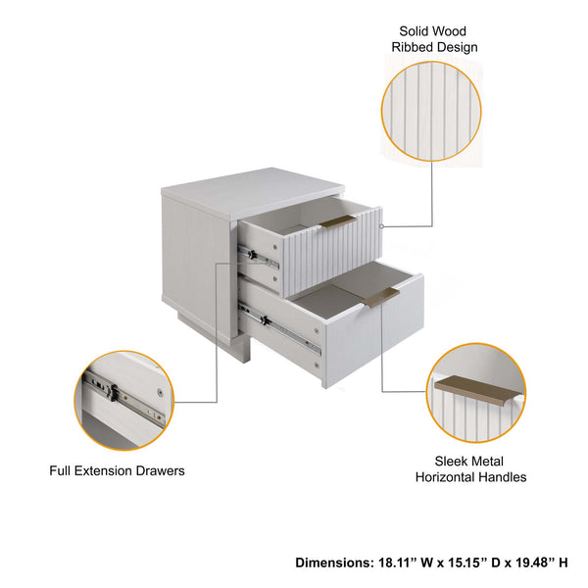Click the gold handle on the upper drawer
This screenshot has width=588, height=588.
[337, 220]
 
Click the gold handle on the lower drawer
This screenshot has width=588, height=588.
[382, 295]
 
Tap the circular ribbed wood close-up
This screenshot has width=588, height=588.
[431, 112]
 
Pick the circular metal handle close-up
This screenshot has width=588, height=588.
[476, 393]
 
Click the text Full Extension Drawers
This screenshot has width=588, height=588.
[117, 470]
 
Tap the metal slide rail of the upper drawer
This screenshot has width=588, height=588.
[260, 257]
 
